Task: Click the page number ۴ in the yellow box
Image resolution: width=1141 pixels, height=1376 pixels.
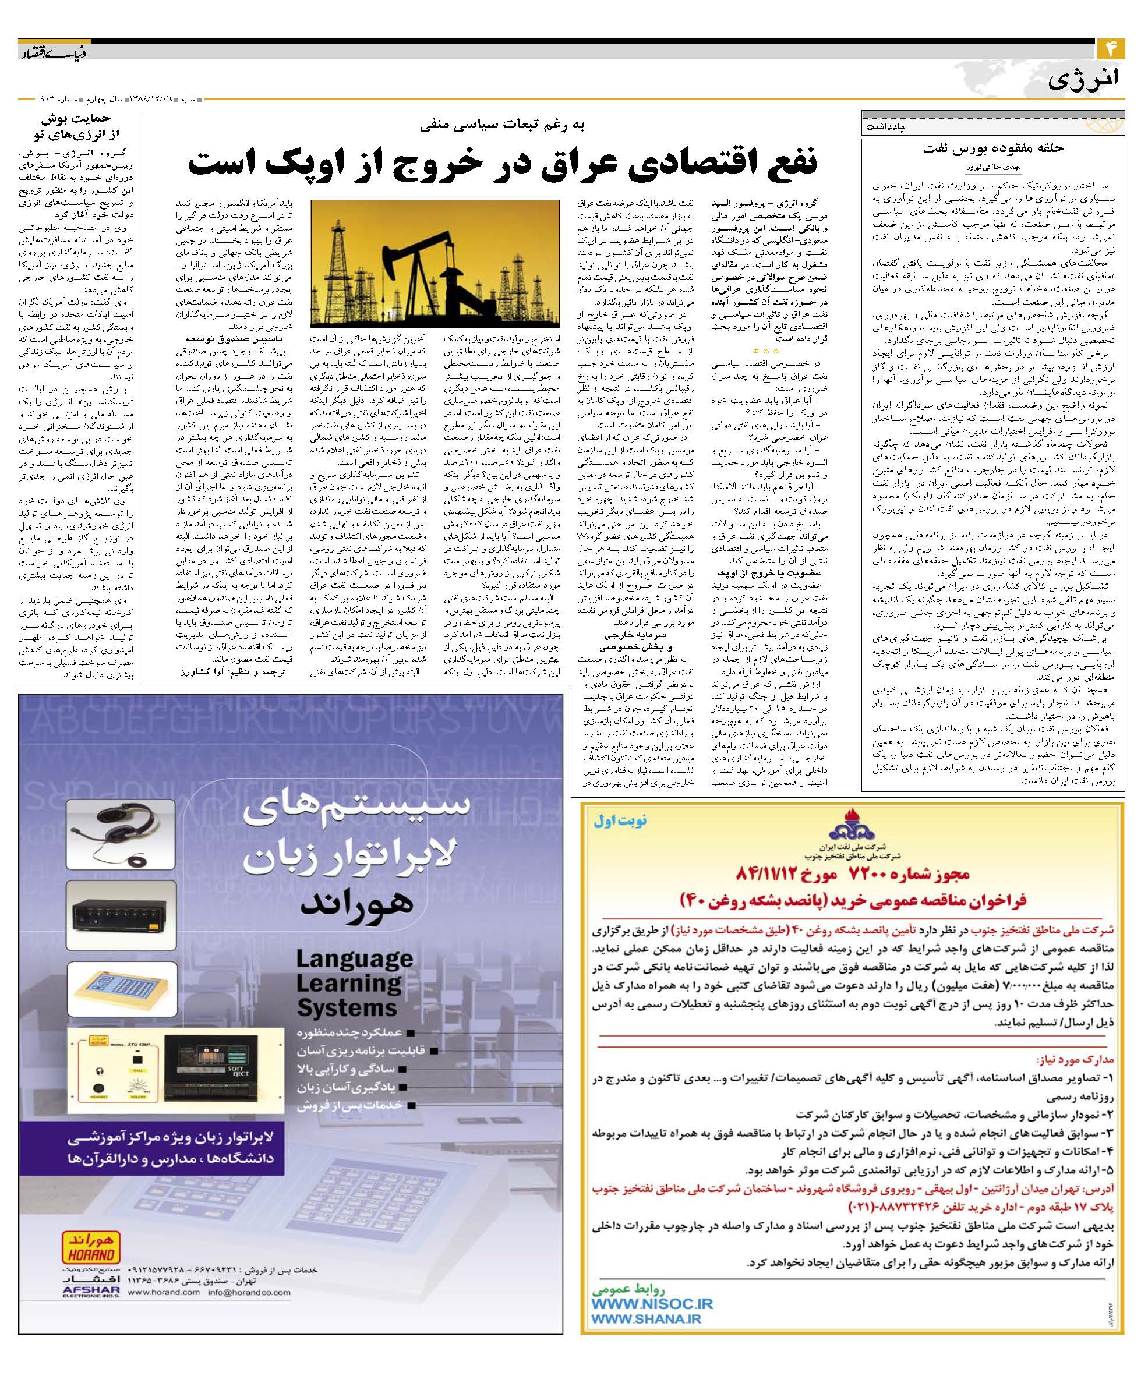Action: pyautogui.click(x=1111, y=50)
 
